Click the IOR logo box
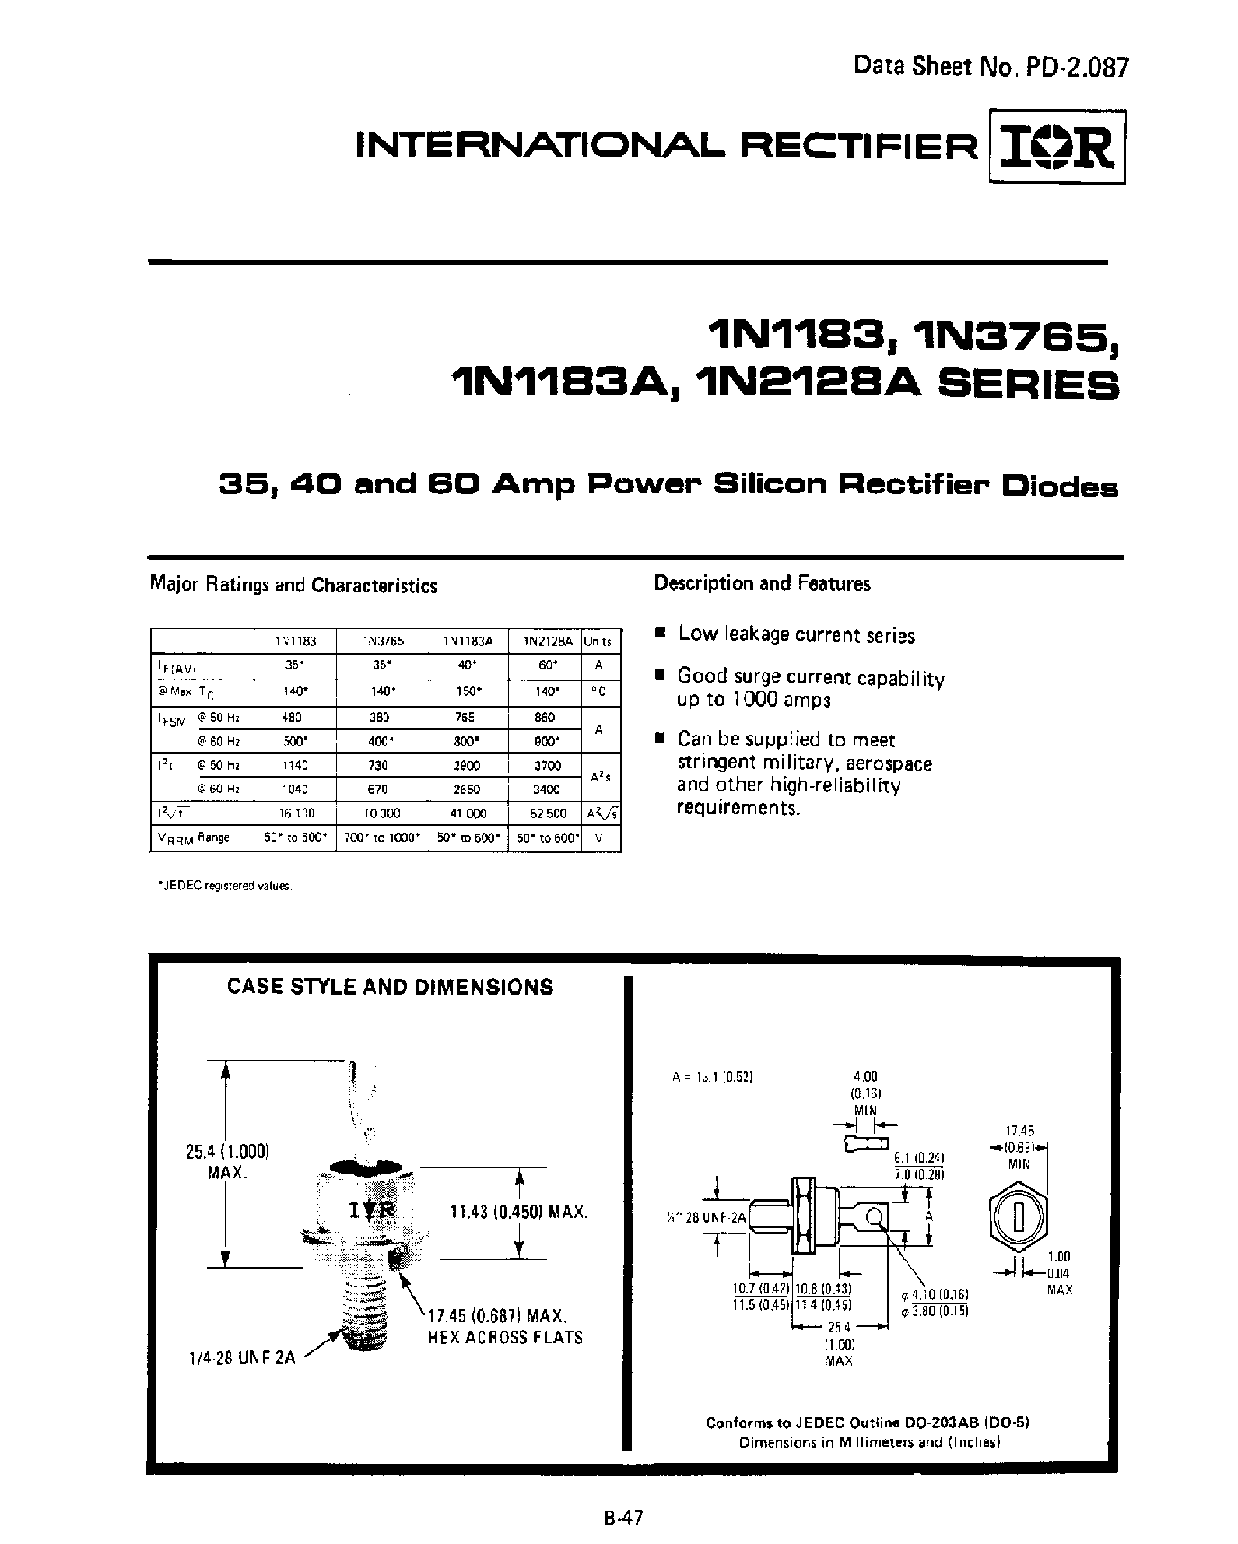[1057, 147]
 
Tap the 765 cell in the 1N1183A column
[466, 718]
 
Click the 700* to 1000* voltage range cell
[382, 837]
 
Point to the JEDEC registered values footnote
[225, 886]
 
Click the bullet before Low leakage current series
[660, 634]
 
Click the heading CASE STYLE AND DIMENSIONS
[390, 987]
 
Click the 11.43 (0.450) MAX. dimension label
[519, 1213]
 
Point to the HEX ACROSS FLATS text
[505, 1337]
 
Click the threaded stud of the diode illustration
[366, 1305]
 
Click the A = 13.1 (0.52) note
[712, 1077]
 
